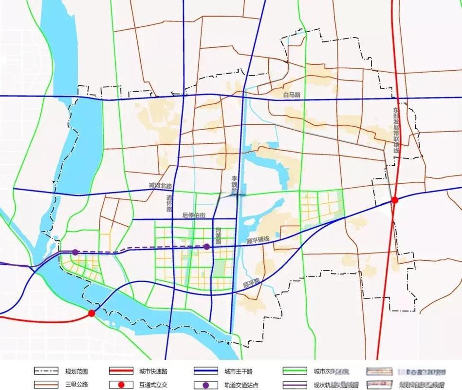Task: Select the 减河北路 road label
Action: coord(161,186)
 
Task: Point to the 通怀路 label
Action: coord(169,203)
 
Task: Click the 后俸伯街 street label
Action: coord(194,215)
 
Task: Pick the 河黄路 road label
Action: coord(219,235)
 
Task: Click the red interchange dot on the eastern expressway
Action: coord(395,200)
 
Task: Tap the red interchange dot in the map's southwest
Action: coord(91,313)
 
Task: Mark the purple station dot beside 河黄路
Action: coord(207,247)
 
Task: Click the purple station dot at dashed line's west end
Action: coord(75,252)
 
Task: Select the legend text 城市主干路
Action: coord(235,371)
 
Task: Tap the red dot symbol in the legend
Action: coord(121,385)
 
